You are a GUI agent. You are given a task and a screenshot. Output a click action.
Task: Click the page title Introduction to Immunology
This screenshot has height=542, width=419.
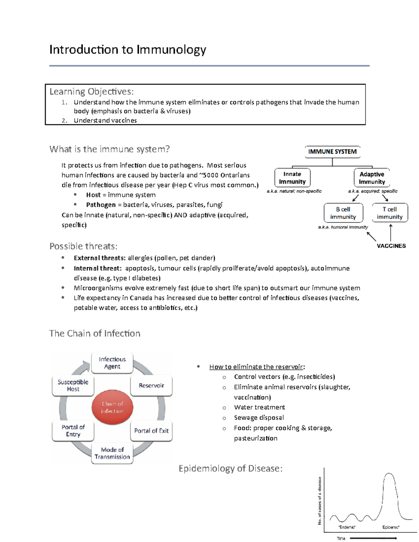coord(127,50)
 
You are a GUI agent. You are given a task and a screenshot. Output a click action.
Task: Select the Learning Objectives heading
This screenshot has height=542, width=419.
coord(91,91)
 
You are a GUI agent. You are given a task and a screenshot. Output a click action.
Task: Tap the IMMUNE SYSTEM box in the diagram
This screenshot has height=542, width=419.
coord(332,151)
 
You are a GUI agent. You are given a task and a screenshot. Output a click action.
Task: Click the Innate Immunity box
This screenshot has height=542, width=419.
coord(292,178)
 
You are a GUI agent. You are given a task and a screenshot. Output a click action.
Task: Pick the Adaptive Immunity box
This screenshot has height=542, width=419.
coord(372,178)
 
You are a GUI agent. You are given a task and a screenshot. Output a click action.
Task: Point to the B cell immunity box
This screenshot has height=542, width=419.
coord(343,213)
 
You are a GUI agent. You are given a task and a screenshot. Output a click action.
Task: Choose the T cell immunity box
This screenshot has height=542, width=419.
coord(389,213)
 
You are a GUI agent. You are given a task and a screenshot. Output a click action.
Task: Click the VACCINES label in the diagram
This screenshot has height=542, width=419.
coord(391,246)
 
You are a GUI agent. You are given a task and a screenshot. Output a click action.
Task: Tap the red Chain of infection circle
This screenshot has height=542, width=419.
coord(112,407)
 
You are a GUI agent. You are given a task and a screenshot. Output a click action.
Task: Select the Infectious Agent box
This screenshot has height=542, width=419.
coord(112,363)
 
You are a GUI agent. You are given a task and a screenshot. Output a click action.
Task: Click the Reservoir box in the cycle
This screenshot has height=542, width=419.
coord(151,385)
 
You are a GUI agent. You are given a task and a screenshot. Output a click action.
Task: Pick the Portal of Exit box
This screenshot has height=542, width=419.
coord(151,431)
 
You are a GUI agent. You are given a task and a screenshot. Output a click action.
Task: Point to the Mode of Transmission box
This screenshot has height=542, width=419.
coord(112,453)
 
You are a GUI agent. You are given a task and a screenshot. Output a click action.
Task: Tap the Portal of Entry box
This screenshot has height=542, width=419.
coord(73,431)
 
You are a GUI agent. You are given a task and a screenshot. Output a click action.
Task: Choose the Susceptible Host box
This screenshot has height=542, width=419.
coord(73,385)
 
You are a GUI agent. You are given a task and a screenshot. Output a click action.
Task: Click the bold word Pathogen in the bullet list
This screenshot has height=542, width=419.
coord(101,205)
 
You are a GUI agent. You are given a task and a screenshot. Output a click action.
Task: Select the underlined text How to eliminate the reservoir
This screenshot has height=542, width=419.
coord(256,367)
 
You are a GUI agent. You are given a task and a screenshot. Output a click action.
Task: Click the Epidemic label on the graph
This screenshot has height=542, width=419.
coord(390,527)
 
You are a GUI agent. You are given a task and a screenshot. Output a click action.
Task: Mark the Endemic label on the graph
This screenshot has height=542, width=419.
coord(347,527)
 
